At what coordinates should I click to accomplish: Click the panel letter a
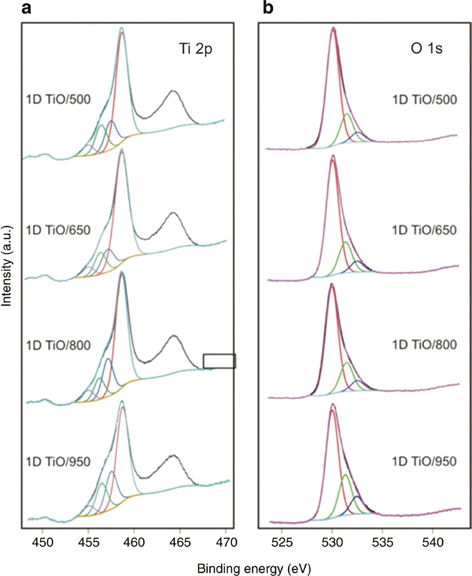point(26,8)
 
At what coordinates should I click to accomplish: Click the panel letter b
point(267,8)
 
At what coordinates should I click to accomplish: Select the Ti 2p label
point(196,48)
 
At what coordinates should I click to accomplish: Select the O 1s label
point(426,48)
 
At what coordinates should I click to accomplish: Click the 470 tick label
point(226,542)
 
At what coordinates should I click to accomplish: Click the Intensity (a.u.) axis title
point(7,266)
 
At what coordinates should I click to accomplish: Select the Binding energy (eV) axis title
point(254,568)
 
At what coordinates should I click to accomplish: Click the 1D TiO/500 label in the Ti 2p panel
point(58,99)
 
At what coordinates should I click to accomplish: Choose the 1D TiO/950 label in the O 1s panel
point(424,462)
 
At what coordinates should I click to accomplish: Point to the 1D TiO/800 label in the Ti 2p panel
point(58,345)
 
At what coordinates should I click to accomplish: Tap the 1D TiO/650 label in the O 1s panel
point(424,230)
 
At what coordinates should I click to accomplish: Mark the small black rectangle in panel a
point(219,361)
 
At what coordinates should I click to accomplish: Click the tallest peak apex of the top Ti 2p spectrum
point(122,28)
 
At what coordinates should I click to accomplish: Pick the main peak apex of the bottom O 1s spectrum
point(332,404)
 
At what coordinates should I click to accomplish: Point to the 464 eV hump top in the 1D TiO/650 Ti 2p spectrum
point(173,213)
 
